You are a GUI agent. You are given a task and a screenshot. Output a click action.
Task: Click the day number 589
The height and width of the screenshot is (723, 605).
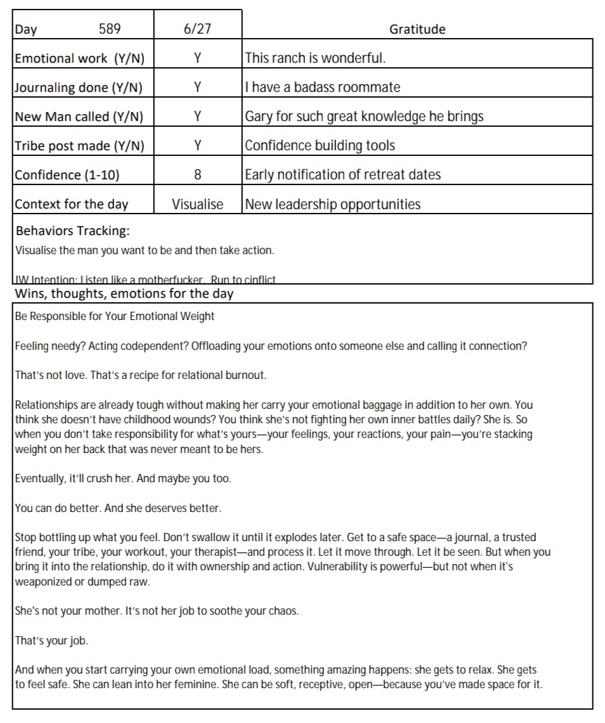(x=110, y=29)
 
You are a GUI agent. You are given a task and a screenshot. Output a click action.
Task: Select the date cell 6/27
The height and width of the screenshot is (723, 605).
(x=197, y=29)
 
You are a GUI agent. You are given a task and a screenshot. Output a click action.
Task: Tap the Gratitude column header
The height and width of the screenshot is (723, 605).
(x=417, y=29)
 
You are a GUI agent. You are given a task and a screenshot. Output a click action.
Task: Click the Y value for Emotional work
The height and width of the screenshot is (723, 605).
(x=197, y=58)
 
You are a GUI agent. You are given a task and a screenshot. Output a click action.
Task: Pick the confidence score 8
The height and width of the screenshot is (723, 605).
(x=197, y=175)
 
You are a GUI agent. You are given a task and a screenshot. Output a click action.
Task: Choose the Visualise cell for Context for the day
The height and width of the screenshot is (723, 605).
(x=197, y=204)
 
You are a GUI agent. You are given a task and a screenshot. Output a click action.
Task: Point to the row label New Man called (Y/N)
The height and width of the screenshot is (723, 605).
(x=79, y=117)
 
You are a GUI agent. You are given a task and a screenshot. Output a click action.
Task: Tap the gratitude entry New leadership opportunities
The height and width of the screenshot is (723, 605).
(x=332, y=204)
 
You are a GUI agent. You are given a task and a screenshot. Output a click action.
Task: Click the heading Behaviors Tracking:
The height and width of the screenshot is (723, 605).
(x=72, y=230)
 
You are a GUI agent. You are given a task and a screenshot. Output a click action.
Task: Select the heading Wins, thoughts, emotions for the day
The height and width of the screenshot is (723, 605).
(x=124, y=293)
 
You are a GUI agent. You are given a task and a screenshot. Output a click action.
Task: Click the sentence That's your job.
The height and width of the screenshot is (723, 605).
(x=51, y=641)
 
